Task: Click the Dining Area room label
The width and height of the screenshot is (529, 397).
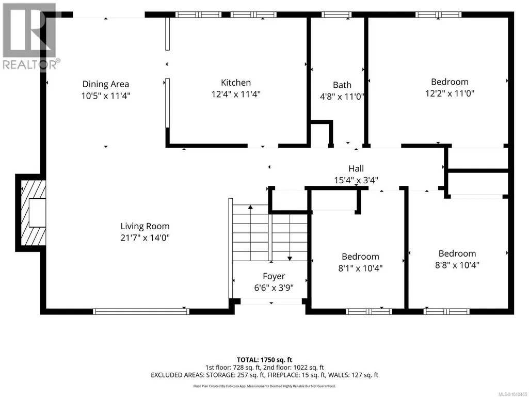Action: pos(106,84)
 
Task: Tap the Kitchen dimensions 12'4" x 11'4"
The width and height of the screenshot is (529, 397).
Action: pos(236,94)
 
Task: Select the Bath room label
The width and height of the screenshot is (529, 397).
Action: pos(342,85)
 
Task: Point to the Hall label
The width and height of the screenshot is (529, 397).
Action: pos(356,168)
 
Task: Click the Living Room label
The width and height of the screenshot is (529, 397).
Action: pos(145,226)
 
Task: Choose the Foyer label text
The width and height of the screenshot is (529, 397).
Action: pos(274,277)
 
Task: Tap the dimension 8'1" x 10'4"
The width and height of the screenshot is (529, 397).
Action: pos(360,268)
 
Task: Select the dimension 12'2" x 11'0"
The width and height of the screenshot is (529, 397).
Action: pos(450,93)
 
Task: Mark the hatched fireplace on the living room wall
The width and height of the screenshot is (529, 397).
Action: pos(33,213)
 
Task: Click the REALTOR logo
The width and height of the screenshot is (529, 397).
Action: pos(30,37)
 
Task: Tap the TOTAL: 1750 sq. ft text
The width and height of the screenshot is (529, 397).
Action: pos(264,360)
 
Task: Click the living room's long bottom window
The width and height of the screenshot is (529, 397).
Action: pos(141,312)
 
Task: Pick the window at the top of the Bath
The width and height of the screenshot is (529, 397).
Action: pos(336,14)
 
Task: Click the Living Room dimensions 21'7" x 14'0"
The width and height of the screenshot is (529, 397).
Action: pos(145,238)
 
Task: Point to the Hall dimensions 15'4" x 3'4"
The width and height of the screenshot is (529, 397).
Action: pos(356,180)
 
